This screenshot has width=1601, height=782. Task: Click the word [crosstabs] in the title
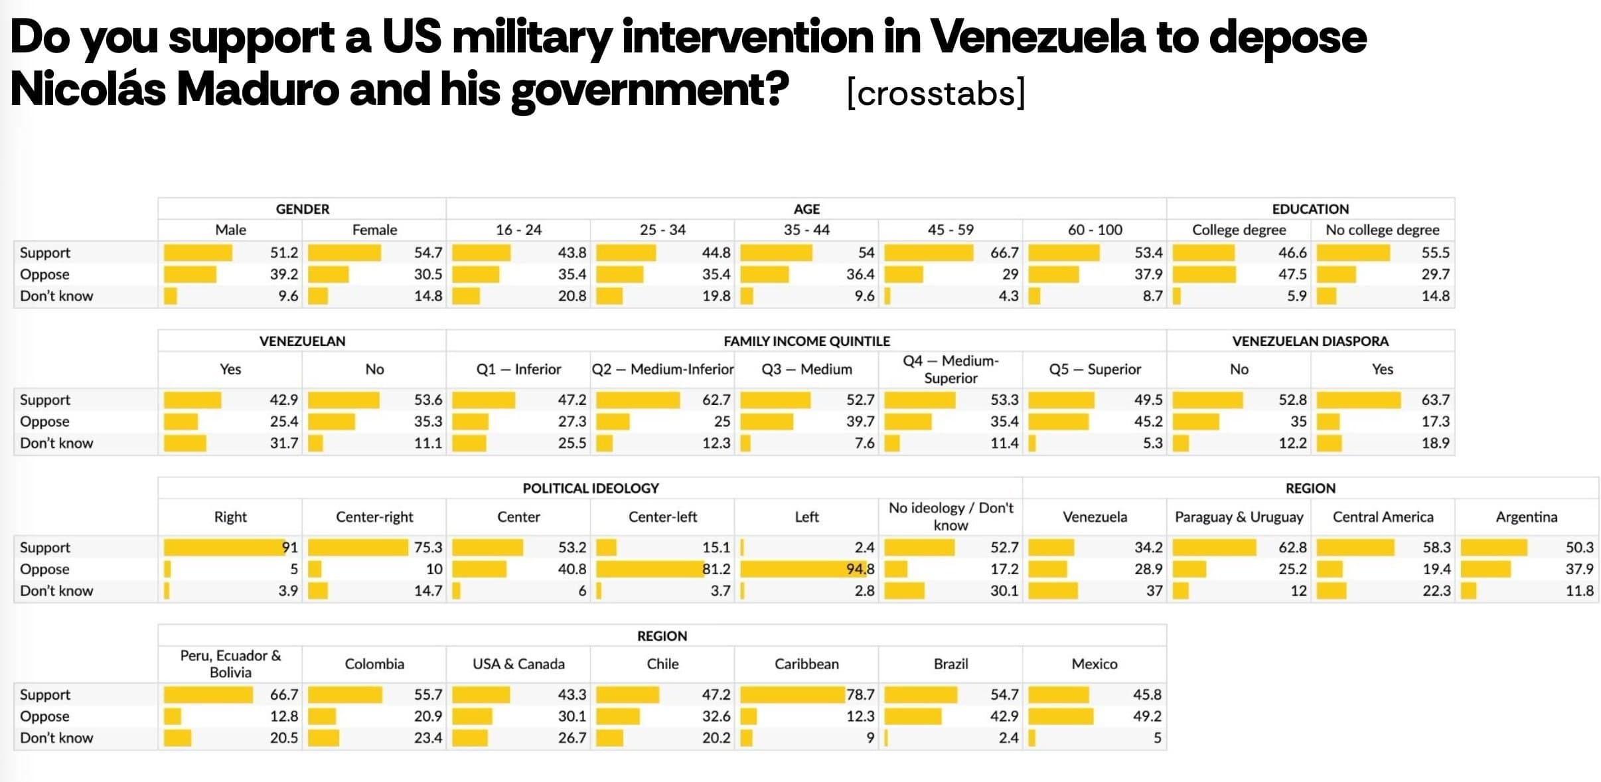pyautogui.click(x=936, y=93)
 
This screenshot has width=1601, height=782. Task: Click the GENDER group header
pyautogui.click(x=302, y=209)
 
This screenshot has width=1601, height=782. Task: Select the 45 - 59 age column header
pyautogui.click(x=950, y=230)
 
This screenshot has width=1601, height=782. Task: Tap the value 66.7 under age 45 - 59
pyautogui.click(x=1004, y=253)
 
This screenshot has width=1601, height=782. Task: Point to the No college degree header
pyautogui.click(x=1382, y=230)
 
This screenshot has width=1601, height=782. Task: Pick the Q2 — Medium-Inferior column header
pyautogui.click(x=662, y=369)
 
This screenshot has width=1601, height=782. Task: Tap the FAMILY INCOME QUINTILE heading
pyautogui.click(x=806, y=341)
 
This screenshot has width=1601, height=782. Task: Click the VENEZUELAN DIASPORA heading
pyautogui.click(x=1310, y=341)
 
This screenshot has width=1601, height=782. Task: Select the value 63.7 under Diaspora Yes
pyautogui.click(x=1434, y=400)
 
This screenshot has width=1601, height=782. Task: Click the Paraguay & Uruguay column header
pyautogui.click(x=1239, y=517)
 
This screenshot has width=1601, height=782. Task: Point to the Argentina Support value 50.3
pyautogui.click(x=1578, y=548)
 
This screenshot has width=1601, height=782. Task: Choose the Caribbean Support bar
pyautogui.click(x=792, y=695)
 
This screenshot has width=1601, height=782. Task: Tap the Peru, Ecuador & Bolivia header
pyautogui.click(x=230, y=664)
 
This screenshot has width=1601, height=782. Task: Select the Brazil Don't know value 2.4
pyautogui.click(x=1008, y=738)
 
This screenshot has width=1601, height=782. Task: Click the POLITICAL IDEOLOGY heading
pyautogui.click(x=590, y=489)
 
